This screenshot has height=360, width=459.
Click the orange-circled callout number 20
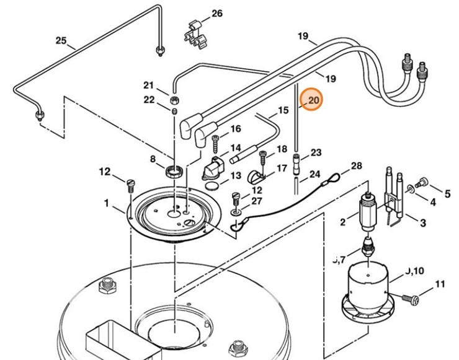(312, 100)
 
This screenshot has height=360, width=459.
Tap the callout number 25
(61, 41)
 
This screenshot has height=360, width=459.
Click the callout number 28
(356, 166)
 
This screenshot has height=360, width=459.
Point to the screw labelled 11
(412, 300)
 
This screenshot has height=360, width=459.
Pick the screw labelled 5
(423, 182)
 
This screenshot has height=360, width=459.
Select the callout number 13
(236, 176)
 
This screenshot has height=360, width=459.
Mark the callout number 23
(316, 152)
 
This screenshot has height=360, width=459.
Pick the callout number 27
(257, 201)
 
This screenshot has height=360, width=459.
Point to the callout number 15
(283, 111)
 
